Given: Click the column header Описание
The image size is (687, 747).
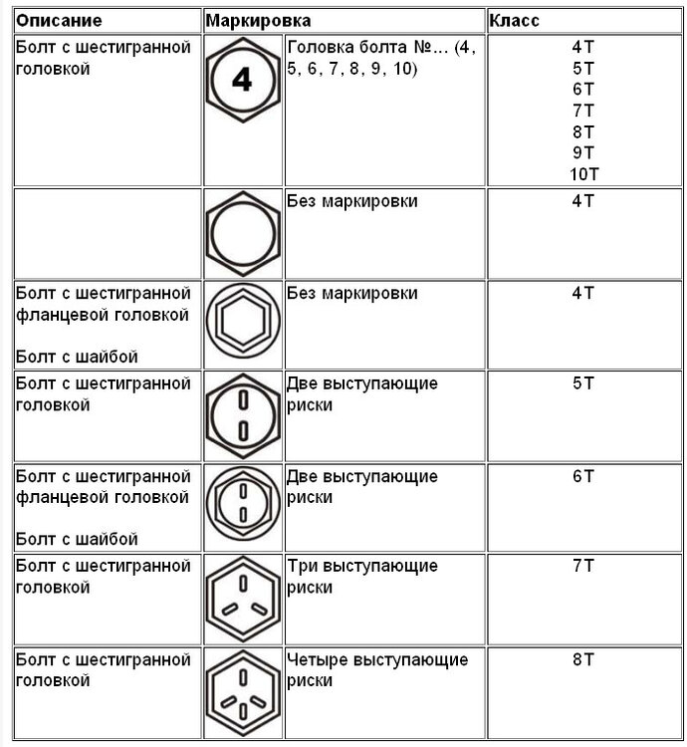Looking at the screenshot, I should [57, 20].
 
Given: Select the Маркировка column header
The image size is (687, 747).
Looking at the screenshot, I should [258, 20].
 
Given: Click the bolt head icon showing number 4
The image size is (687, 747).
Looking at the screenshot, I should [243, 83].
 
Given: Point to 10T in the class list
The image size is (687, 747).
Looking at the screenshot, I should [583, 173].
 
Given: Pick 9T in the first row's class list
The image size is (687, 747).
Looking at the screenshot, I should [583, 152].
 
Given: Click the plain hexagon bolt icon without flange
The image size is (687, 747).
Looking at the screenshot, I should [243, 232].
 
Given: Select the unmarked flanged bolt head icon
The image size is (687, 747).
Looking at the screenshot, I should [243, 323].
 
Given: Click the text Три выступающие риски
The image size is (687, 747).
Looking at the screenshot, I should [361, 576].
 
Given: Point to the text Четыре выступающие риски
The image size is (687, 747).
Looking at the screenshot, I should [376, 669].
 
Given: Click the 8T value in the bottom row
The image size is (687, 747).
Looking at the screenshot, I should [583, 659].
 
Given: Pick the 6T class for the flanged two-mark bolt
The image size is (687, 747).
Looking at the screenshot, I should [583, 475].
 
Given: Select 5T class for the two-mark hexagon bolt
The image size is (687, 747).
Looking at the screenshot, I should [583, 383].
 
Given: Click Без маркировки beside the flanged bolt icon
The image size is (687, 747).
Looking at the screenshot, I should [351, 294].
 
